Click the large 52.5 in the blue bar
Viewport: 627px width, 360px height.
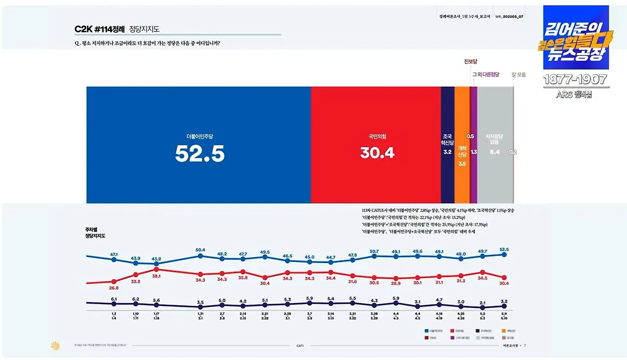[x=200, y=154]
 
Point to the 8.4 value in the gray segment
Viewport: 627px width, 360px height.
[x=494, y=152]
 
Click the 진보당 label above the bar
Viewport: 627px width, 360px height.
[x=470, y=62]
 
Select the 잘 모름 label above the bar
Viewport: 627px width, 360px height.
[x=518, y=75]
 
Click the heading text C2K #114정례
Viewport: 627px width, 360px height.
[x=100, y=29]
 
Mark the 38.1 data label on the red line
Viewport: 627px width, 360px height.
[x=156, y=276]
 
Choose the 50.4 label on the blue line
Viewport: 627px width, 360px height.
[x=200, y=250]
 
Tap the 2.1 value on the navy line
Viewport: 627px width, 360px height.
[x=482, y=303]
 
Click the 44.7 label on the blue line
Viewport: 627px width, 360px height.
[x=331, y=257]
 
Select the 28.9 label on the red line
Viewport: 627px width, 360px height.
[x=396, y=284]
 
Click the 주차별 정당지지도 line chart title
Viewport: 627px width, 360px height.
[x=96, y=232]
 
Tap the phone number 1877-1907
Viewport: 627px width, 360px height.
[x=575, y=79]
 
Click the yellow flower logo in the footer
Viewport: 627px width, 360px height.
[x=55, y=346]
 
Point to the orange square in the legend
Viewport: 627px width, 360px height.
[x=503, y=331]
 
